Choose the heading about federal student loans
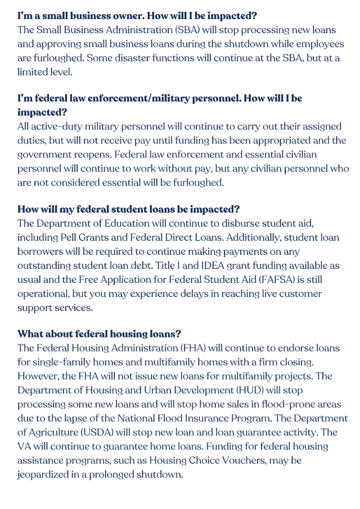click(129, 209)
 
